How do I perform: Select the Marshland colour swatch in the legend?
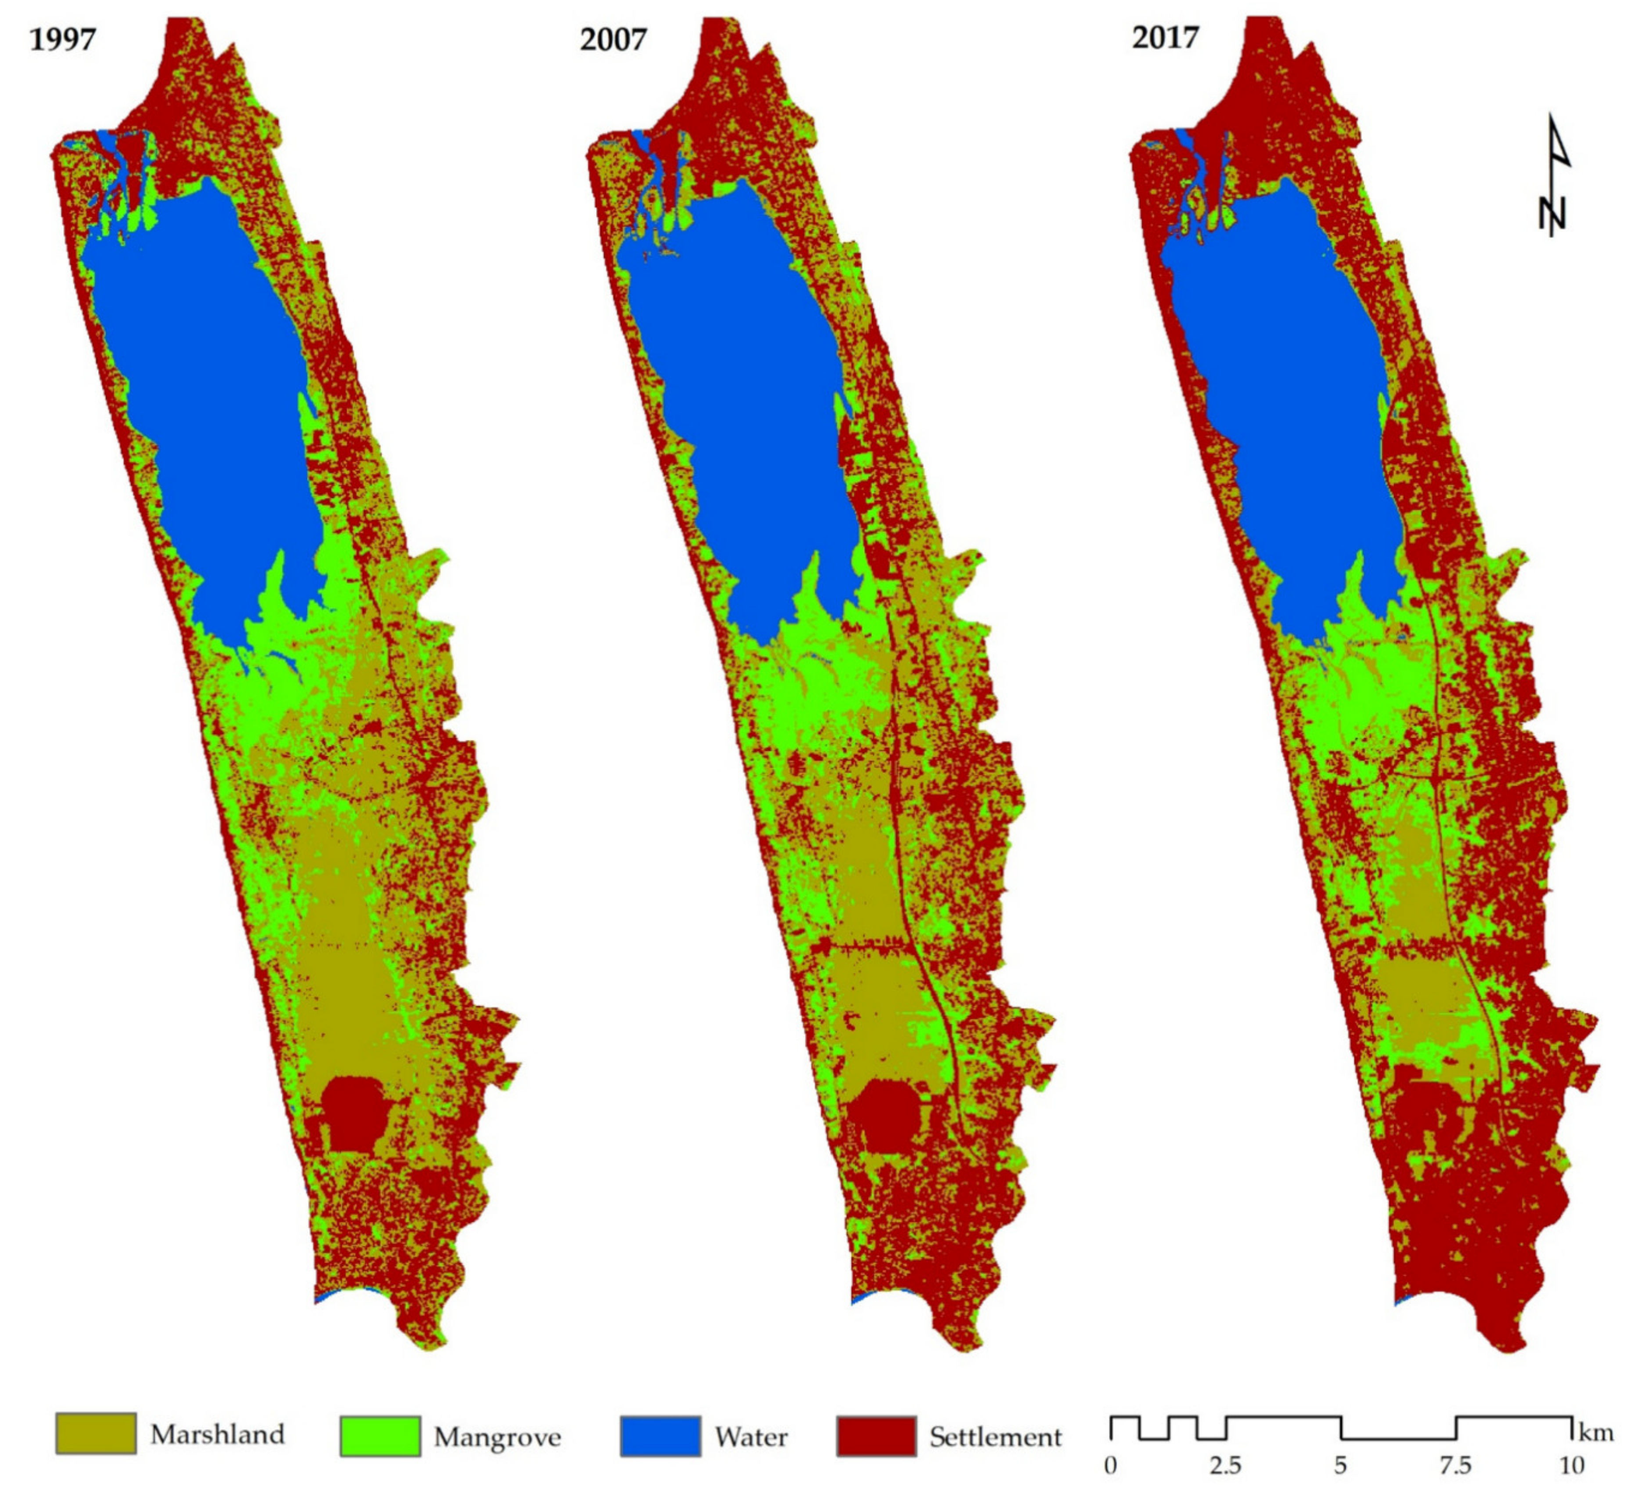coord(95,1433)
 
